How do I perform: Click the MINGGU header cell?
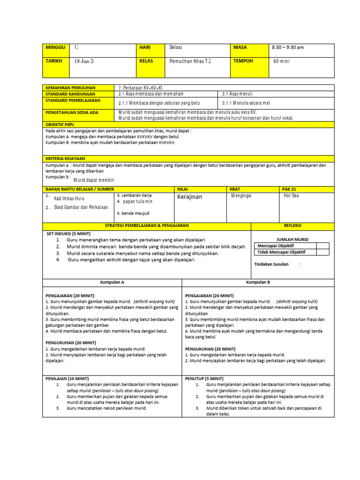click(55, 48)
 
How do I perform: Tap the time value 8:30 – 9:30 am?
click(288, 48)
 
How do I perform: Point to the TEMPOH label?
click(243, 61)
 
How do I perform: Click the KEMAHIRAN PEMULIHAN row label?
click(70, 88)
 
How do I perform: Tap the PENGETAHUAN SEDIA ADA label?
click(72, 113)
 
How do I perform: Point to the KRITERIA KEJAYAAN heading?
click(66, 159)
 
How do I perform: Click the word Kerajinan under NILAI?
click(190, 197)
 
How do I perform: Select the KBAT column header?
click(235, 188)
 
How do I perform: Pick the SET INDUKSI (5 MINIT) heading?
click(69, 233)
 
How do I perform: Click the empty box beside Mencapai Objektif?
click(322, 246)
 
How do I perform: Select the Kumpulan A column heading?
click(112, 282)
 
